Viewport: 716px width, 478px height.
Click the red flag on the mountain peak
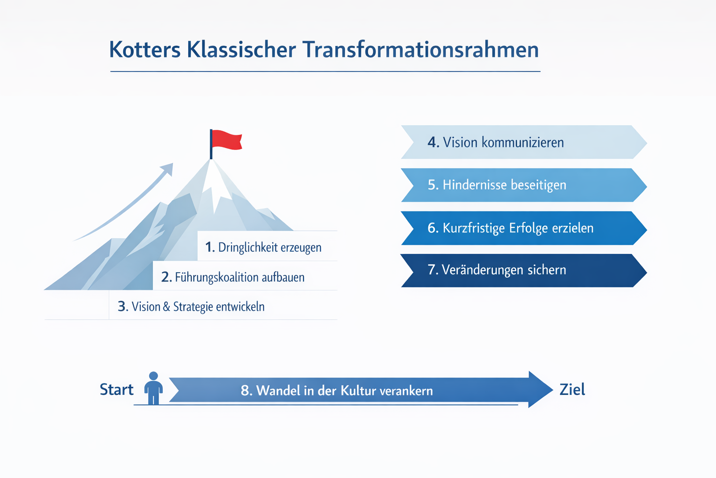[x=227, y=140]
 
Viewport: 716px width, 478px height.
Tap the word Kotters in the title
[x=145, y=50]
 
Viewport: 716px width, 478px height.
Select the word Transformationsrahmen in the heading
[x=420, y=50]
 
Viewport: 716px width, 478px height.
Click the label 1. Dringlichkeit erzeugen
[x=263, y=247]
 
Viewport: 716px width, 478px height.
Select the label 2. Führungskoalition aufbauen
[x=233, y=277]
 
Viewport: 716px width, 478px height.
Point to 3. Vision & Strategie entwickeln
[x=191, y=307]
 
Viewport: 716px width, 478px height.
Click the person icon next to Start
[x=153, y=388]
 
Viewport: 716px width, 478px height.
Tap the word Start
[x=117, y=390]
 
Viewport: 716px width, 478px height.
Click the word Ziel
[x=572, y=390]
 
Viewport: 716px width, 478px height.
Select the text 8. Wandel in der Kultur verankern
[x=337, y=391]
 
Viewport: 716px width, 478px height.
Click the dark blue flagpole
[x=211, y=145]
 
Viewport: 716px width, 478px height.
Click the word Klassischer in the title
[x=241, y=50]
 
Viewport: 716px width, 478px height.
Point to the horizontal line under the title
[x=325, y=71]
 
